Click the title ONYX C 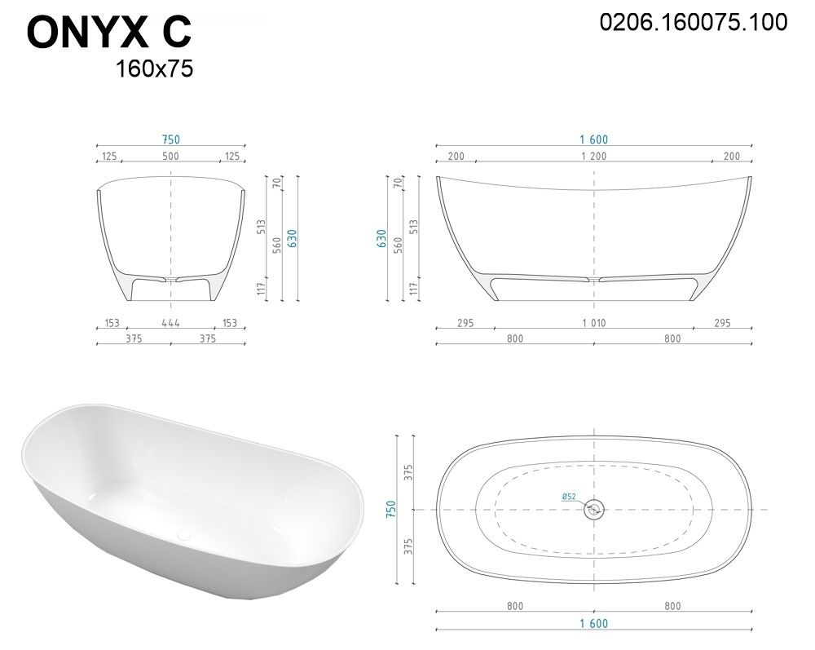coord(109,33)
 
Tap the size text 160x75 coord(154,69)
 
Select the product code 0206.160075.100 coord(694,22)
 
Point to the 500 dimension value coord(170,156)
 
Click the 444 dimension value coord(170,323)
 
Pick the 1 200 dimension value coord(593,156)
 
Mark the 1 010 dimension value coord(593,323)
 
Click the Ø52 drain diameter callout coord(569,497)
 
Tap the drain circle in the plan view coord(593,509)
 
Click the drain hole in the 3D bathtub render coord(184,533)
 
